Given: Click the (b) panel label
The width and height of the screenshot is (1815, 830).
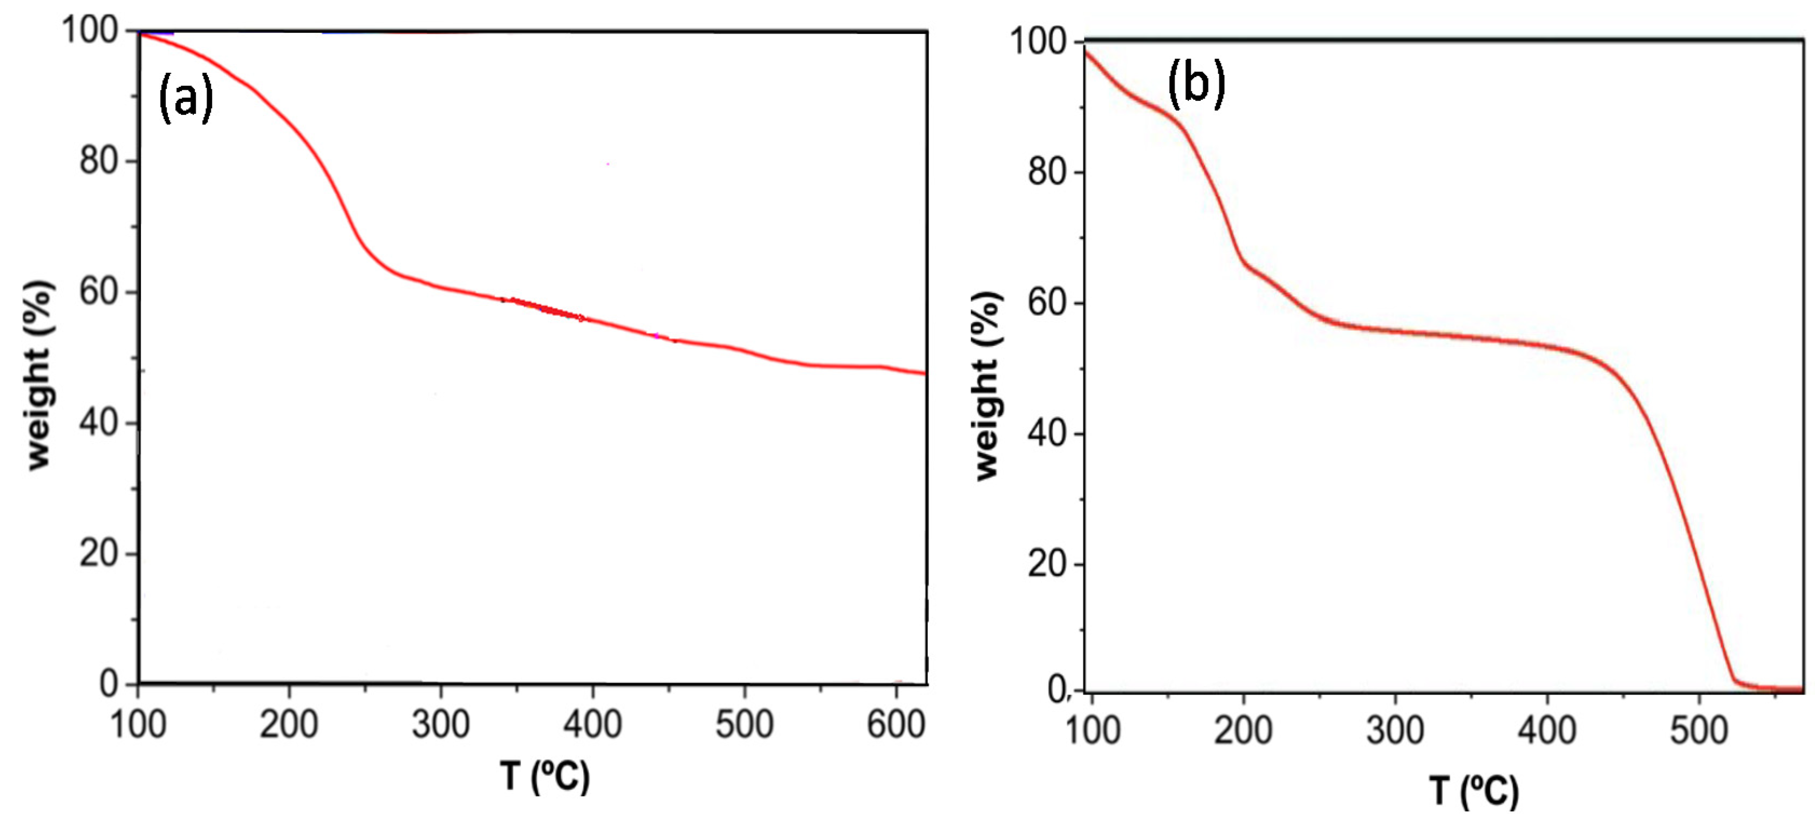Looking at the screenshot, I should (x=1196, y=83).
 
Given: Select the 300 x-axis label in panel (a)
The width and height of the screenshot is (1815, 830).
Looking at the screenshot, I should (x=440, y=724).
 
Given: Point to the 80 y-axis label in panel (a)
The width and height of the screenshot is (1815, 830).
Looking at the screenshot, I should (x=99, y=161).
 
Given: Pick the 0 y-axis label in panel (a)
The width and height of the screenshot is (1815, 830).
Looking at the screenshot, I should (x=109, y=683).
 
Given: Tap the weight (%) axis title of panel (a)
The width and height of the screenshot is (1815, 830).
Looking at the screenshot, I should (x=39, y=375).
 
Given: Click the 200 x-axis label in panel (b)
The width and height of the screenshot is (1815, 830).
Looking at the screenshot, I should (x=1243, y=730).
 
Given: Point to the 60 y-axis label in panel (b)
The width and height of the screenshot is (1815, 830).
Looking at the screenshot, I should (x=1047, y=303).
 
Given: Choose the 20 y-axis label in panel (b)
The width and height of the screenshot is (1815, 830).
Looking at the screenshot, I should (x=1047, y=563).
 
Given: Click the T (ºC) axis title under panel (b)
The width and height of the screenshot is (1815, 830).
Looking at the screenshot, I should (x=1474, y=791).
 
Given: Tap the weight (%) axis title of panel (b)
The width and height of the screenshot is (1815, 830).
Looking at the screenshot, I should (x=987, y=386).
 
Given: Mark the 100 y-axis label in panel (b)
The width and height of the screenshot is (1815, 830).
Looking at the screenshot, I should (x=1039, y=42).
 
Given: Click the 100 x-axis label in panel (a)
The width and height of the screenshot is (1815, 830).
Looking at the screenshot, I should (x=138, y=724).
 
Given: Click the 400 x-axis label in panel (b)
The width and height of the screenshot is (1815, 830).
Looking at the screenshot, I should (x=1546, y=730).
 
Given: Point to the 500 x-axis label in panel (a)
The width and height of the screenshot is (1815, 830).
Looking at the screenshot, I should (x=744, y=724).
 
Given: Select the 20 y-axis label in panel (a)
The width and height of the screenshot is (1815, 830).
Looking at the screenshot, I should (x=99, y=554).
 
